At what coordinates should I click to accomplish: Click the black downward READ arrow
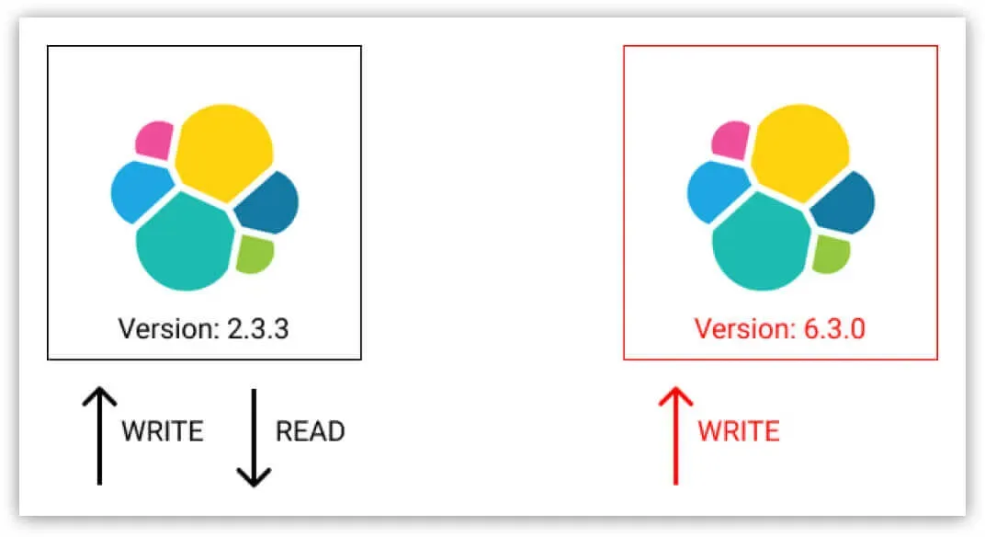254,438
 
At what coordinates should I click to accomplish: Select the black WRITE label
162,431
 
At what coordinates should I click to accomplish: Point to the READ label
311,431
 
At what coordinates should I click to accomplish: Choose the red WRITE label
739,431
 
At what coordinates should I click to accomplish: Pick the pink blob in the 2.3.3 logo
153,139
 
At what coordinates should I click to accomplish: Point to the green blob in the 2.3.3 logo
254,254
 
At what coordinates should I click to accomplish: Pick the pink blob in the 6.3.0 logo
730,139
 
